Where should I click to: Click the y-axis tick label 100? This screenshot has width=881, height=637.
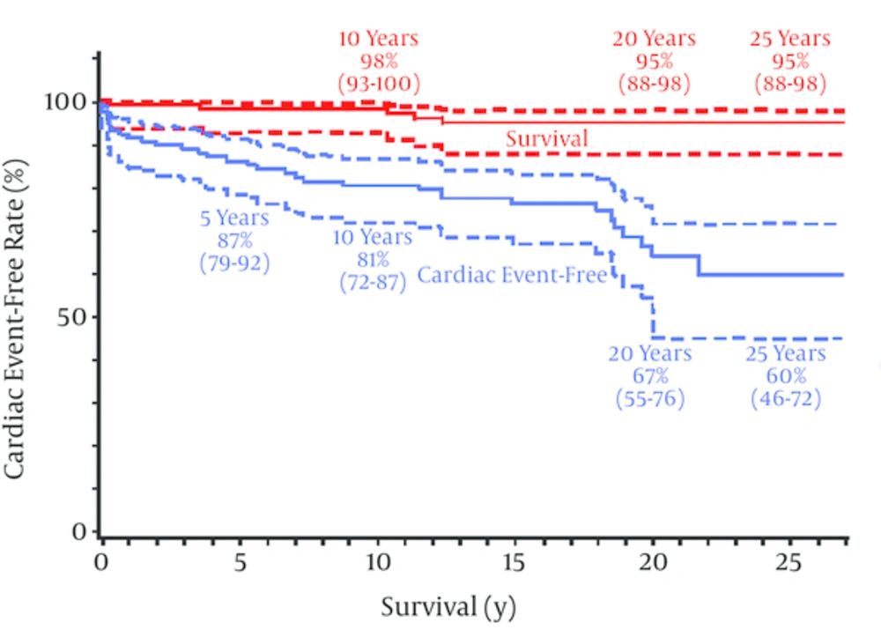point(67,102)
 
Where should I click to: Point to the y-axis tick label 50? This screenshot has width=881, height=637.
point(74,317)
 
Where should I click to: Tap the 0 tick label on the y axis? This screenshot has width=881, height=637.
point(81,532)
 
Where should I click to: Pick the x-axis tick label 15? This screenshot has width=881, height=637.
point(514,562)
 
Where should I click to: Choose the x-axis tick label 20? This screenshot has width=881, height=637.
point(652,562)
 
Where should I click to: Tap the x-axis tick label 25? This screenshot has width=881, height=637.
point(790,562)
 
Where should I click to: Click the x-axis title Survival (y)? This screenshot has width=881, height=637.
point(448,607)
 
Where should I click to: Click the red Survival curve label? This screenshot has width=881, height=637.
point(546,139)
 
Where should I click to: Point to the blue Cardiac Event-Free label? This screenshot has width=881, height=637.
point(512,275)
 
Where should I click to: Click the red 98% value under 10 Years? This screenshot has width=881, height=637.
point(378,62)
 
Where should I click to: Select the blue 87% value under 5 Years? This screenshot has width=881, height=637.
point(234,239)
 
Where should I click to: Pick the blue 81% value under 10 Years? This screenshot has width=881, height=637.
point(373,261)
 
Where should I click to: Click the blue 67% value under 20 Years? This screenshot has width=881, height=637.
point(650,375)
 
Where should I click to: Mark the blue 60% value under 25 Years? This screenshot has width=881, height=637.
point(786,375)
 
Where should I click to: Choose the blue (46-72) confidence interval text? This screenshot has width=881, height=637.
point(786,398)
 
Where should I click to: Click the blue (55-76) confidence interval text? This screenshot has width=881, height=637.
point(650,398)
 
